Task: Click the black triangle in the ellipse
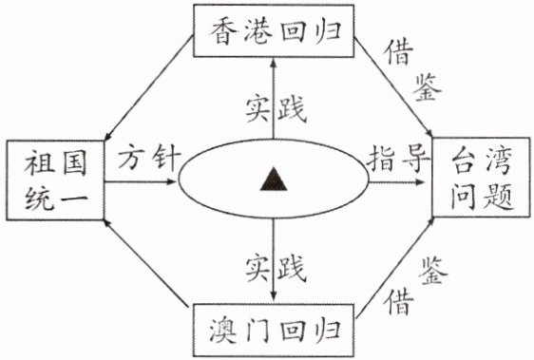[x=274, y=180]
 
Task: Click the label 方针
[x=149, y=157]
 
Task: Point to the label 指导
[x=397, y=159]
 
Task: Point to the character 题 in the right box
[x=498, y=197]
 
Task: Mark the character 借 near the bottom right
[x=399, y=301]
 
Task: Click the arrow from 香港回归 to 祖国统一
[x=149, y=89]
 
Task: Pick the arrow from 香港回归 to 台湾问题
[x=393, y=87]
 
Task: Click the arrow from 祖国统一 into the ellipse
[x=140, y=181]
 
